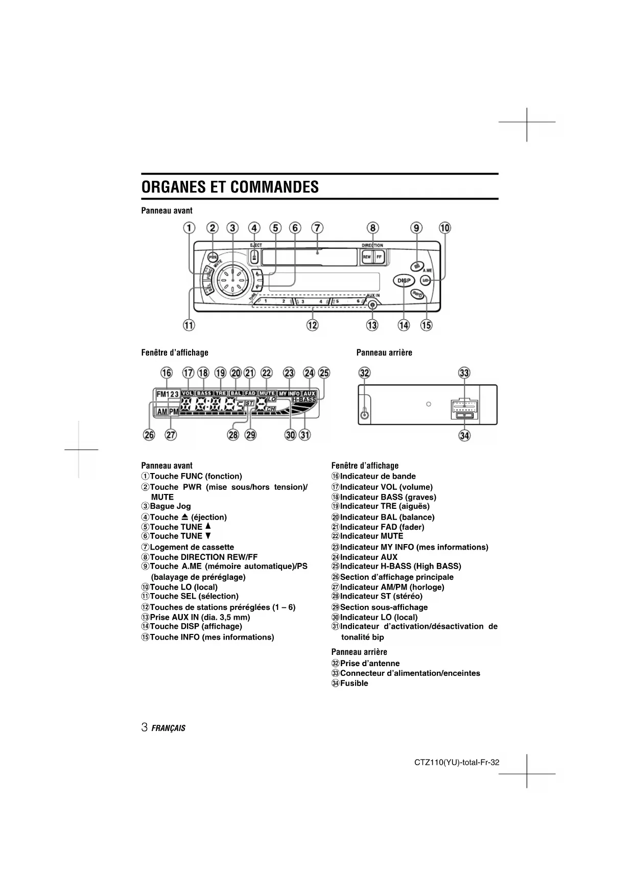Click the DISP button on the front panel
pos(404,280)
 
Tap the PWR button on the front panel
pos(213,257)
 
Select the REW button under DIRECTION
pos(366,257)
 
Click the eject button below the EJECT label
pos(254,257)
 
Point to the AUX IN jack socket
pos(373,305)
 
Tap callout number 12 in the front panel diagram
pos(312,325)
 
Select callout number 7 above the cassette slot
pos(317,228)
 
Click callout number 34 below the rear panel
pos(464,435)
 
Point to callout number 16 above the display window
pos(167,373)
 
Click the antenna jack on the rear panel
pos(364,414)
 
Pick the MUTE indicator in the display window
pos(267,393)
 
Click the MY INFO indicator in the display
pos(289,394)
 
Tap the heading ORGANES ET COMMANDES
pos(230,187)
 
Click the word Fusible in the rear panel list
pos(354,683)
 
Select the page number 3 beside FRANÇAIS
pos(145,727)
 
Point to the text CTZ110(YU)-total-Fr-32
pos(457,763)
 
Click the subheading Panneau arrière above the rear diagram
pos(384,352)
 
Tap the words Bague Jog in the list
pos(170,506)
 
